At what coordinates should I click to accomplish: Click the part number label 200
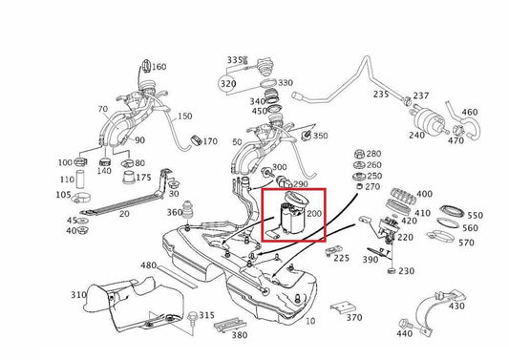pyautogui.click(x=314, y=218)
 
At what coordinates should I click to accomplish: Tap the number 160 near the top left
pyautogui.click(x=159, y=67)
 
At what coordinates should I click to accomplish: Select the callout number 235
pyautogui.click(x=382, y=95)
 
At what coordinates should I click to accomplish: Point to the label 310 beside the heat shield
pyautogui.click(x=78, y=297)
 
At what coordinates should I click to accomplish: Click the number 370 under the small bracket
pyautogui.click(x=354, y=318)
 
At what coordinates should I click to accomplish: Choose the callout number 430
pyautogui.click(x=456, y=306)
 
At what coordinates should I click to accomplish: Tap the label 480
pyautogui.click(x=148, y=265)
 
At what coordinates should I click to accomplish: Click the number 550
pyautogui.click(x=475, y=216)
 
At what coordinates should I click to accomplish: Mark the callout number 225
pyautogui.click(x=342, y=258)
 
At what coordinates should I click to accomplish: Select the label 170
pyautogui.click(x=210, y=141)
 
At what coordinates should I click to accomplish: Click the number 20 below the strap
pyautogui.click(x=123, y=214)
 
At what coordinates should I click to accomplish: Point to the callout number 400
pyautogui.click(x=424, y=194)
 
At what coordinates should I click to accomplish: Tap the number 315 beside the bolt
pyautogui.click(x=206, y=316)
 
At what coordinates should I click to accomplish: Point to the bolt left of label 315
pyautogui.click(x=192, y=315)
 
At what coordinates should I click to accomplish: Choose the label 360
pyautogui.click(x=174, y=213)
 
